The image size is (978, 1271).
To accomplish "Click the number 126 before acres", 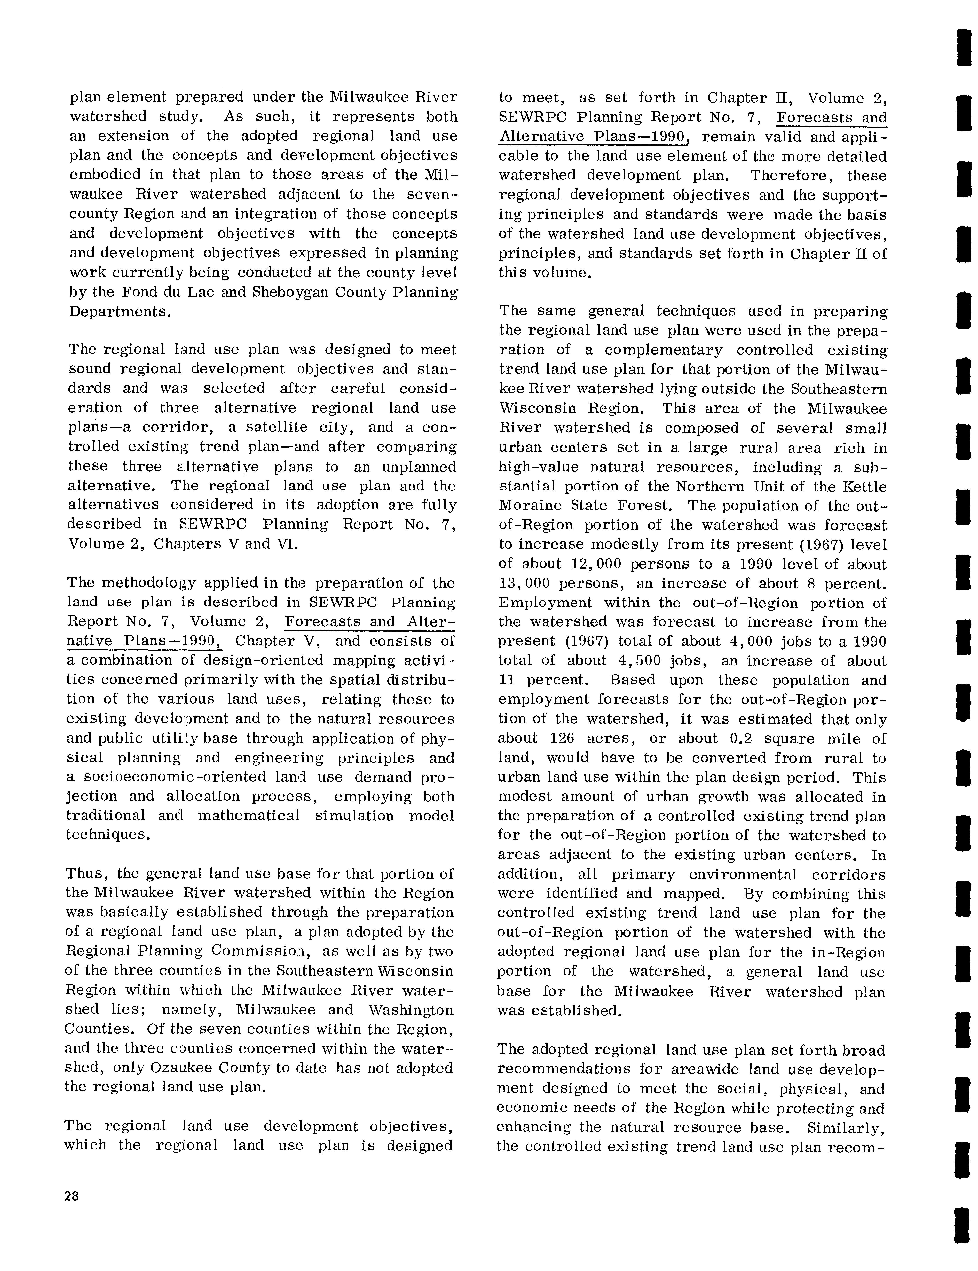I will click(562, 738).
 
